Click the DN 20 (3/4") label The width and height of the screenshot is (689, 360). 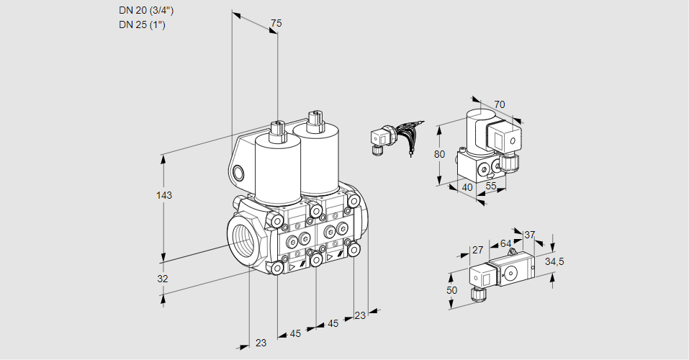[x=146, y=10]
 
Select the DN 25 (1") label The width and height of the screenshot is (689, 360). [x=143, y=25]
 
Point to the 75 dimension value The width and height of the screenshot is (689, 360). [x=276, y=24]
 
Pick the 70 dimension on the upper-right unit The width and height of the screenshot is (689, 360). [x=500, y=104]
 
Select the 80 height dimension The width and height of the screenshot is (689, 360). [x=440, y=154]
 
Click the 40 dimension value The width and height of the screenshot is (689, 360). [x=467, y=187]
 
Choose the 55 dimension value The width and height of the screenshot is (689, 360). [x=492, y=186]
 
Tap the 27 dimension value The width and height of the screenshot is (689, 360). [x=477, y=251]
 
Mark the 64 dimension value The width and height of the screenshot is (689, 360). [x=505, y=244]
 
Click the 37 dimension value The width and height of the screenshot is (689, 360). [x=530, y=235]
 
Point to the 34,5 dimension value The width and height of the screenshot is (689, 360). [x=554, y=261]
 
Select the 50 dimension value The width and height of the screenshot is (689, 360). [x=451, y=290]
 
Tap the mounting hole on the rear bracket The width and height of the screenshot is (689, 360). [x=239, y=172]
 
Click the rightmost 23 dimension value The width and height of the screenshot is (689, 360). [x=360, y=315]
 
